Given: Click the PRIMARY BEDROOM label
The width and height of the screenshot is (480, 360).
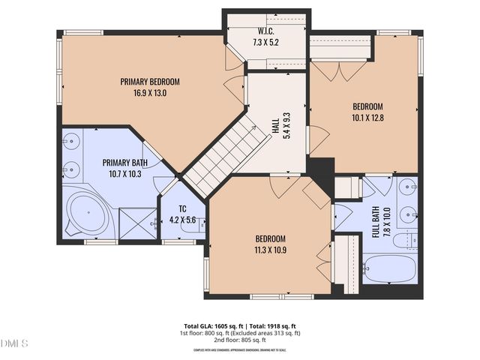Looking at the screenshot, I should coord(150,82).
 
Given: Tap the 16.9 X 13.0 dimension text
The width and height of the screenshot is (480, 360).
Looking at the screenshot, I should coord(150,93).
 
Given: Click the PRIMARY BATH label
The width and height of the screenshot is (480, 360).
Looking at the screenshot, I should coord(125,163).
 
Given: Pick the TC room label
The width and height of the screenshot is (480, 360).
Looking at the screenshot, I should coord(182,209).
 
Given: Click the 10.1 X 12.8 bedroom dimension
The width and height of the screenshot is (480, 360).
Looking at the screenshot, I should coord(367,117).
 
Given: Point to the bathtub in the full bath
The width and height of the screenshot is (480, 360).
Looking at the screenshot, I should coord(388,268).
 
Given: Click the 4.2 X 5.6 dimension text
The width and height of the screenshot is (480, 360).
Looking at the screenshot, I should coord(182,220).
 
